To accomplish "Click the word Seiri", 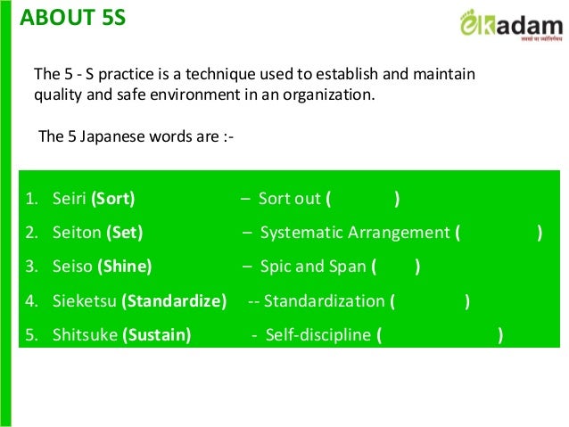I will coord(70,199).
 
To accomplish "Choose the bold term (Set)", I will coord(125,233).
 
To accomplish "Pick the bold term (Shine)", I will coord(124,267).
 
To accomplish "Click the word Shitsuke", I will coord(83,335).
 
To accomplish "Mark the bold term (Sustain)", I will coord(157,335).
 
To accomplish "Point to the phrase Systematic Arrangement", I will coord(355,233).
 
